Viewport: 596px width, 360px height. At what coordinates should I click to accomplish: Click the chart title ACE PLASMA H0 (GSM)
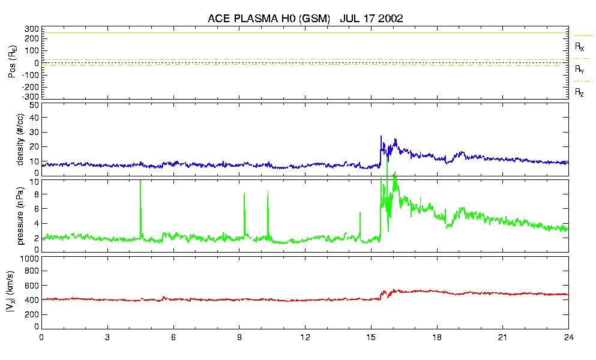269,19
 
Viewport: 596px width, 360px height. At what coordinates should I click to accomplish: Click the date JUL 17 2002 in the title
371,19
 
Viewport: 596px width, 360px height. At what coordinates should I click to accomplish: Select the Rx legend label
579,46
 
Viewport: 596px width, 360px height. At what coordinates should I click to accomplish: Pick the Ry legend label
579,70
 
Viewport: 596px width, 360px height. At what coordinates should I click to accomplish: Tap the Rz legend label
579,92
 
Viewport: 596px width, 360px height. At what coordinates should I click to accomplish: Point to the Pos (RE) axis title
10,63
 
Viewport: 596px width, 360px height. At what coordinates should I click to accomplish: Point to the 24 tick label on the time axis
568,337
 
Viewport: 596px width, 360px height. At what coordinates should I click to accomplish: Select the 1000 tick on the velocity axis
28,259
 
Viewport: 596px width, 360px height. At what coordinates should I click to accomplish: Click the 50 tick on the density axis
34,105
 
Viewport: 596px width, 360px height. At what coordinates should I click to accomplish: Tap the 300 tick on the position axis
31,28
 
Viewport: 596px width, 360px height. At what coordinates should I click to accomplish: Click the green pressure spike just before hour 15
360,213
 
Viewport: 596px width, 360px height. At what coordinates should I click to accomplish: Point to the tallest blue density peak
381,137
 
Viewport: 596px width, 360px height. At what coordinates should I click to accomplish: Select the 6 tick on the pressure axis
36,208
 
